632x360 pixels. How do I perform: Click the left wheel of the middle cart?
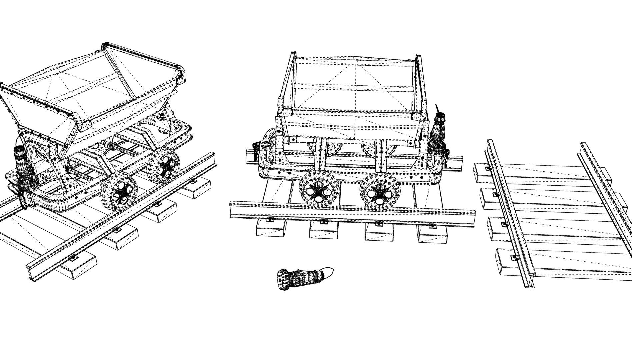point(319,191)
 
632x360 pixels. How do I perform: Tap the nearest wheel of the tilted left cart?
point(119,193)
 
